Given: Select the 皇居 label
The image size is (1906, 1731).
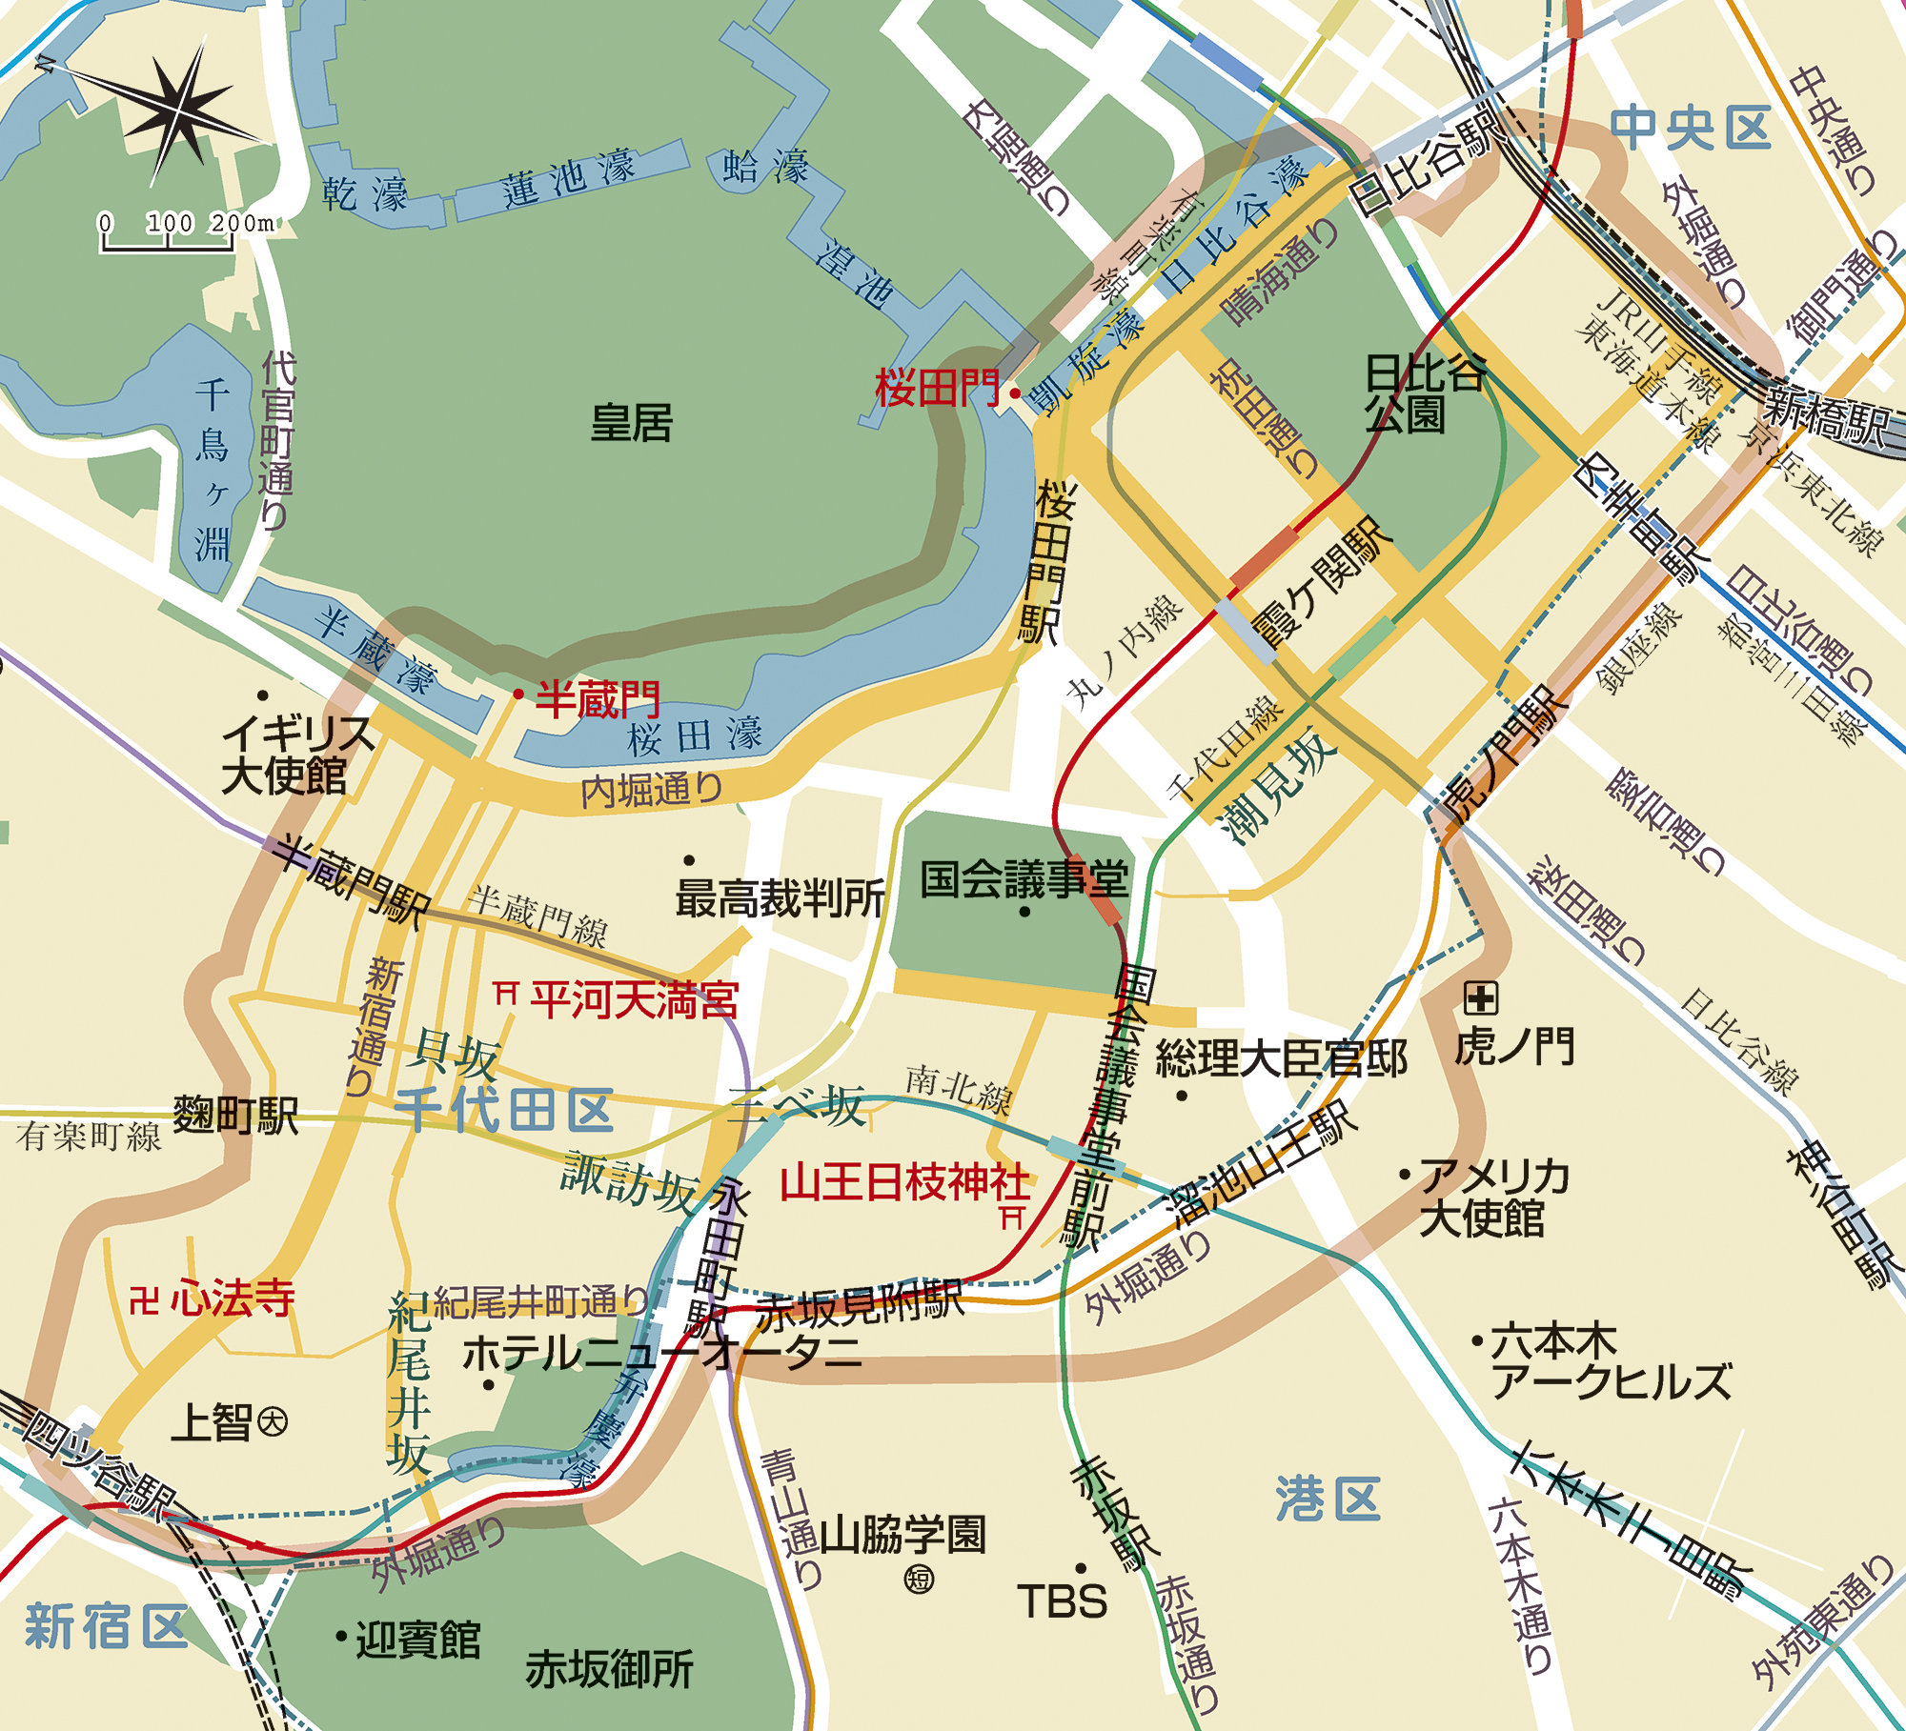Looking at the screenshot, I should pos(631,422).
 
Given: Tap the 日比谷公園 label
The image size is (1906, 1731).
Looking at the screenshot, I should pos(1423,392).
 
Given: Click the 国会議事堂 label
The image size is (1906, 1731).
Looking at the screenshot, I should pos(1024,878).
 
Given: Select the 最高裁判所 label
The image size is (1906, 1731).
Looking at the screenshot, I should pos(780,898).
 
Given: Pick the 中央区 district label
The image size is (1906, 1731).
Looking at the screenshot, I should pos(1690,129).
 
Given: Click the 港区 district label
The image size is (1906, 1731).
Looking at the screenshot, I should pos(1328,1499).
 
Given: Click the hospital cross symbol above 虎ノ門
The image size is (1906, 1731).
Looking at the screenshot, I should pos(1481,998).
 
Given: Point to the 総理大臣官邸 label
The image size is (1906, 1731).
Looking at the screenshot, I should pos(1281,1058).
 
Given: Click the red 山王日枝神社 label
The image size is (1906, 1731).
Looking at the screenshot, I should pos(904,1182).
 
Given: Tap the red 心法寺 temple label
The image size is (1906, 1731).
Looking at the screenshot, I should pos(233,1298).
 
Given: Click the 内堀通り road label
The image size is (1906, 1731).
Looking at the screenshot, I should pos(652,790).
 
